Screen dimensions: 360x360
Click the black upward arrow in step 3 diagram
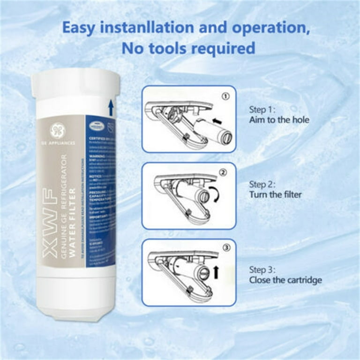[216, 271]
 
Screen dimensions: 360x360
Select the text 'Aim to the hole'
[279, 120]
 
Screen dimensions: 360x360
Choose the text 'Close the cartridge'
[285, 280]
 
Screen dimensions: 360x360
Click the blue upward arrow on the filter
[111, 107]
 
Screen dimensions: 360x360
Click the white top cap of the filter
[75, 84]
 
